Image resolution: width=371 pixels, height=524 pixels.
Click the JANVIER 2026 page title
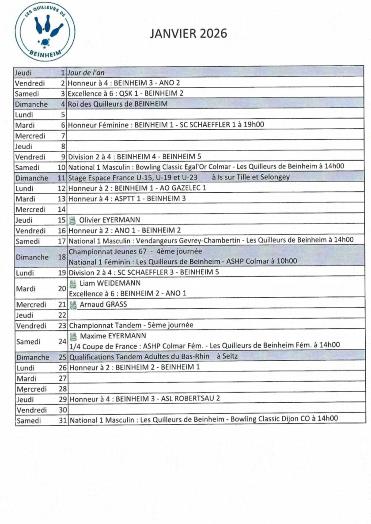click(x=189, y=34)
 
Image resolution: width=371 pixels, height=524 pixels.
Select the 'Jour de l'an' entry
click(x=86, y=72)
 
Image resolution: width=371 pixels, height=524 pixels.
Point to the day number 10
click(x=61, y=168)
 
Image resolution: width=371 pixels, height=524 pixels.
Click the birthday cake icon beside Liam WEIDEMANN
click(x=73, y=284)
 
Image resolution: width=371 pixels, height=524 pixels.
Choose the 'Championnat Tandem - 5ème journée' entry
click(x=131, y=326)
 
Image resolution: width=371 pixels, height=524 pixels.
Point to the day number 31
click(x=62, y=420)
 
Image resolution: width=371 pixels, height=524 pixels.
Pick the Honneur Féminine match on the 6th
click(x=166, y=125)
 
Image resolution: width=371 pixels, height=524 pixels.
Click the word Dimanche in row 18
click(x=32, y=257)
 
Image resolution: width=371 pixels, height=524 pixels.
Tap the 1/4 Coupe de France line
click(x=204, y=345)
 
